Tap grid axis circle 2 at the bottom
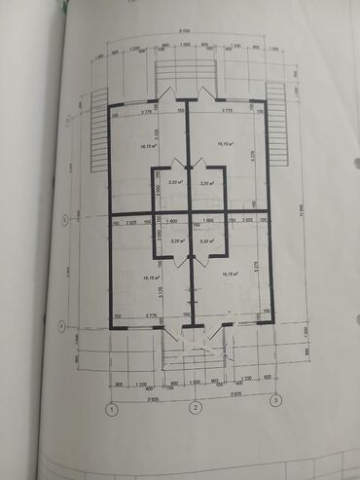pyautogui.click(x=196, y=410)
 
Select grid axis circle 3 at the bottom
pyautogui.click(x=276, y=399)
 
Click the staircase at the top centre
pyautogui.click(x=188, y=73)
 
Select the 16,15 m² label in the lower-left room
pyautogui.click(x=149, y=277)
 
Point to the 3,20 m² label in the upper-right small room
pyautogui.click(x=206, y=182)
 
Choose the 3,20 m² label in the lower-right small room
pyautogui.click(x=206, y=240)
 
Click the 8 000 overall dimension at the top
pyautogui.click(x=185, y=31)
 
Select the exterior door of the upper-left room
pyautogui.click(x=167, y=96)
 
